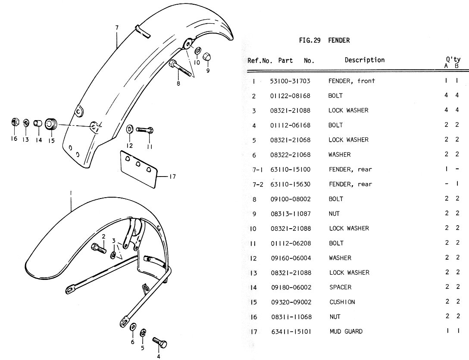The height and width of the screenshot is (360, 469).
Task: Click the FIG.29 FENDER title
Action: pyautogui.click(x=324, y=40)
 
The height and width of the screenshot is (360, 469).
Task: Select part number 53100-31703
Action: pyautogui.click(x=290, y=81)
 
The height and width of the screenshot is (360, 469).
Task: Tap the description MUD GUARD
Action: pyautogui.click(x=346, y=331)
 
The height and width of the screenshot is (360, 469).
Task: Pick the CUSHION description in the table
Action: pyautogui.click(x=342, y=302)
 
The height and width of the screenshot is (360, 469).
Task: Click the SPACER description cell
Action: pyautogui.click(x=340, y=287)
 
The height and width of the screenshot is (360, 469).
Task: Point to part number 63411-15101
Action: pyautogui.click(x=290, y=332)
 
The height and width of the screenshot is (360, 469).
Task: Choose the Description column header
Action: pyautogui.click(x=364, y=60)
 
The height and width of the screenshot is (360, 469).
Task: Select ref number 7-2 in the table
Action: pyautogui.click(x=258, y=184)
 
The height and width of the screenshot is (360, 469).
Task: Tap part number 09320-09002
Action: pyautogui.click(x=290, y=302)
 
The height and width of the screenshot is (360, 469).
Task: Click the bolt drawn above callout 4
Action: pyautogui.click(x=160, y=343)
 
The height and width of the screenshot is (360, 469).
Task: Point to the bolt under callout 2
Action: pyautogui.click(x=99, y=248)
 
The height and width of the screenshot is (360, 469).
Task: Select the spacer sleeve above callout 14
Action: pyautogui.click(x=38, y=124)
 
